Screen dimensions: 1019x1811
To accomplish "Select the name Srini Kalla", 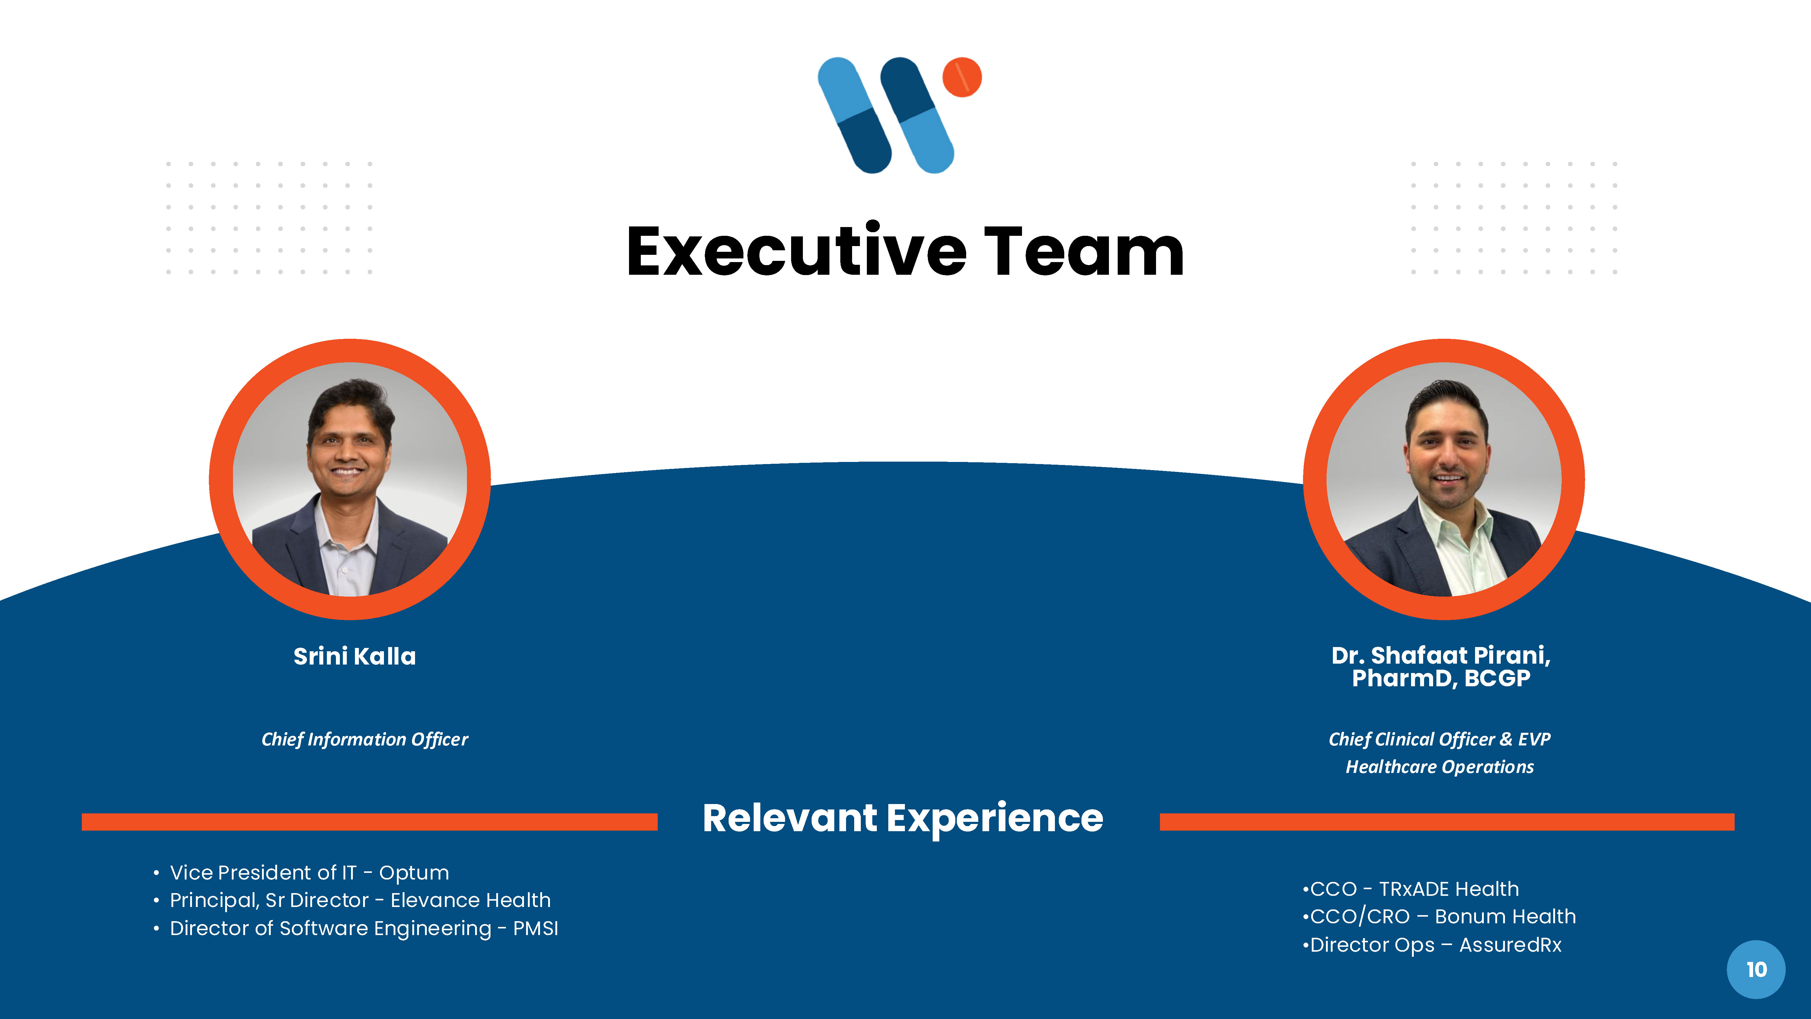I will click(354, 656).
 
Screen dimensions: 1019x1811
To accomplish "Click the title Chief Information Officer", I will click(364, 739).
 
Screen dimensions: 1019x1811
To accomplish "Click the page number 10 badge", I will click(1755, 969).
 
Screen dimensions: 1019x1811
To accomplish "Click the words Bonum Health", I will click(1505, 916).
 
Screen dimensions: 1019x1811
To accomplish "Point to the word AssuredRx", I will click(1510, 944).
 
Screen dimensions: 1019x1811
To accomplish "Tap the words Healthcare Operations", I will click(1439, 767).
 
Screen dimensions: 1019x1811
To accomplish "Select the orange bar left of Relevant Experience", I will click(369, 821).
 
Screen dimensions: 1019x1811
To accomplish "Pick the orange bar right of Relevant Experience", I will click(1446, 821).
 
